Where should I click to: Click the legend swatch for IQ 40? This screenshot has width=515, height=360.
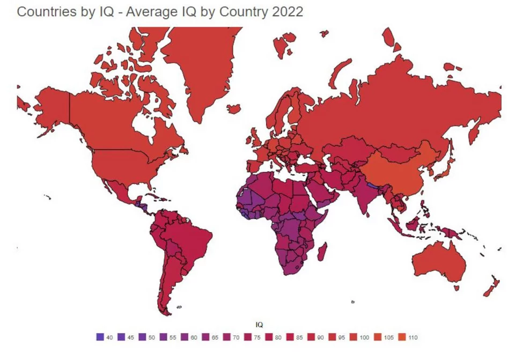point(99,337)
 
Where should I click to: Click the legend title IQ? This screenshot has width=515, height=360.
point(259,324)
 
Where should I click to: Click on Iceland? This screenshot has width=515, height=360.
point(233,108)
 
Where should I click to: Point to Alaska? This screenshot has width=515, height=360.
point(48,107)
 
